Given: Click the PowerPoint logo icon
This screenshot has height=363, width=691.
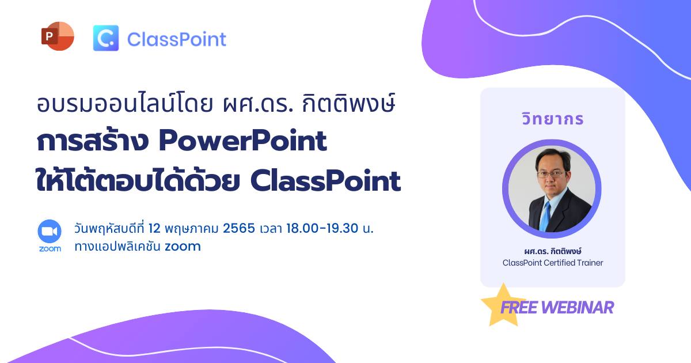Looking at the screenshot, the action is [x=58, y=36].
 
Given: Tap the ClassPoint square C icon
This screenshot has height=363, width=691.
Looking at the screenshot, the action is [x=106, y=38].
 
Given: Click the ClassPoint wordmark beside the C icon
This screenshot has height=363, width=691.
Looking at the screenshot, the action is [x=177, y=40].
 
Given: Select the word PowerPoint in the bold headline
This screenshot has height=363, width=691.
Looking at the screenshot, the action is [x=243, y=141].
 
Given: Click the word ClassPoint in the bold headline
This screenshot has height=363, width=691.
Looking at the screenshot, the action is [x=325, y=181].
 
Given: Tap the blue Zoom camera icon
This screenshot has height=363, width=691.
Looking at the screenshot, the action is [x=50, y=231].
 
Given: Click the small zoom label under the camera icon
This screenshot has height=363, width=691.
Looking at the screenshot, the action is [x=50, y=249].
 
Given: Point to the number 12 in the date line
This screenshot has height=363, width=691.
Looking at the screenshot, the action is [x=154, y=229].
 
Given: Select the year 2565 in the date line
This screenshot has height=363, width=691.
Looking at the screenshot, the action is [x=239, y=229].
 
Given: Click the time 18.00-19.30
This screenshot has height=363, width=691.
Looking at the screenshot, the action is [x=322, y=229].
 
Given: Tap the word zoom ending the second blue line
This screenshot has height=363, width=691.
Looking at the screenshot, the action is [x=183, y=247].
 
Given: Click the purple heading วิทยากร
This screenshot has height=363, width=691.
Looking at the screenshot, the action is [x=552, y=119].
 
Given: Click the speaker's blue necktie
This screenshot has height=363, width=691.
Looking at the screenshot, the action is [x=545, y=217].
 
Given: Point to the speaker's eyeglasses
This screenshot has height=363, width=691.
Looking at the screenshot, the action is [x=551, y=174].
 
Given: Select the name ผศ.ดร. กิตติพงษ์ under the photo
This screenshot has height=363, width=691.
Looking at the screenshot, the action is [x=552, y=251].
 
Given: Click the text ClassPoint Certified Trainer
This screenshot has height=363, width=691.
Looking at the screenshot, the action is [x=552, y=263].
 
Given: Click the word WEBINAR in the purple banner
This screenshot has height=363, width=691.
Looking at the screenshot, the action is [x=578, y=308].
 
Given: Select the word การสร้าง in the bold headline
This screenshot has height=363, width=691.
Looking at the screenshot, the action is [x=93, y=141].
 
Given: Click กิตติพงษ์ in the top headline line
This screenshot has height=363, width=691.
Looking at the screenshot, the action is [x=348, y=103].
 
